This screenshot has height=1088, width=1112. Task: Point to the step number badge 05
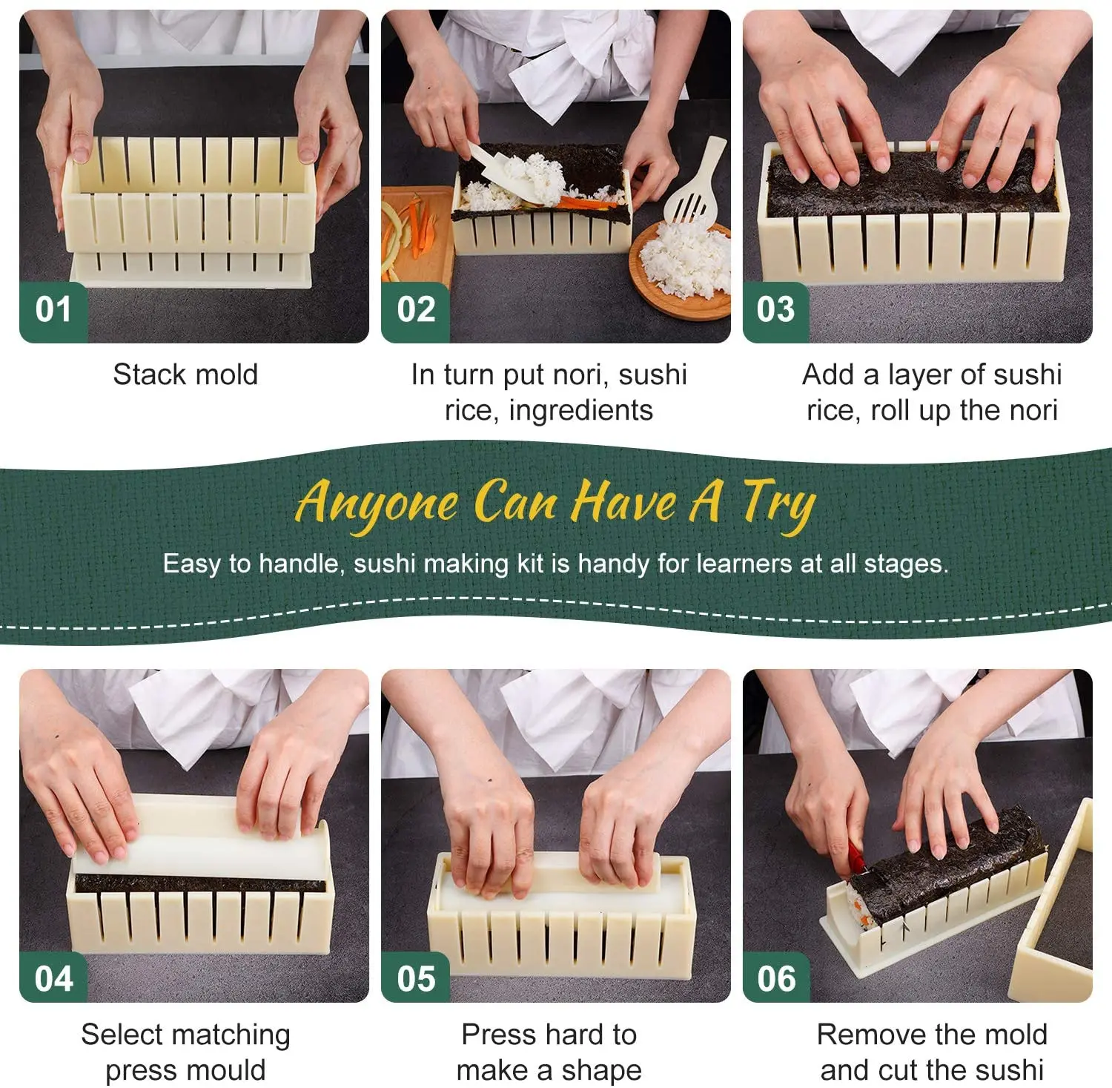pyautogui.click(x=415, y=978)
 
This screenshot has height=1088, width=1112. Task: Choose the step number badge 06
pyautogui.click(x=776, y=978)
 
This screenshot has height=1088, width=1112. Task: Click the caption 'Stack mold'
pyautogui.click(x=185, y=375)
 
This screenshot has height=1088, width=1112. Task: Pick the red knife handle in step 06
pyautogui.click(x=857, y=857)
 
